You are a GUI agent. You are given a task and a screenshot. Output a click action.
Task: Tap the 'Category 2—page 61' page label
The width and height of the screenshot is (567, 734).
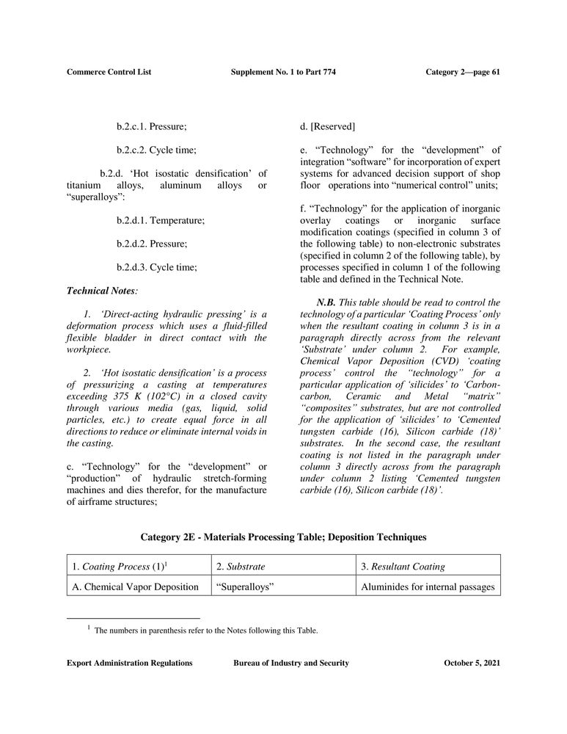coord(462,72)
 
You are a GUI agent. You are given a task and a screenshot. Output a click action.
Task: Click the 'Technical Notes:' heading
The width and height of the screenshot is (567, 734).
coord(98,291)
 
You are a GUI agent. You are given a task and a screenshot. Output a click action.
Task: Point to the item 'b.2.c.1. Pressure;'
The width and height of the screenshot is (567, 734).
coord(151,127)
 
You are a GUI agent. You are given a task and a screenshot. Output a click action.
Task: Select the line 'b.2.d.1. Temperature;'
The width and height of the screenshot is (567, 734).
coord(160,220)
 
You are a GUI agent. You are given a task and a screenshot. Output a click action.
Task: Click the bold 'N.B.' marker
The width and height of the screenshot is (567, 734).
coord(326,302)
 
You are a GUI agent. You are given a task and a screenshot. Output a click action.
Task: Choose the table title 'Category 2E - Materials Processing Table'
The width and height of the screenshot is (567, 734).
coord(283,537)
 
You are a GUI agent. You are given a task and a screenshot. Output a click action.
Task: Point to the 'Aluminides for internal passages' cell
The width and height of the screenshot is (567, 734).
coord(428,586)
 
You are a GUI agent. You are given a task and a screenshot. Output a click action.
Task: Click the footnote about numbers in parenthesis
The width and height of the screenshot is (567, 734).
coord(205,630)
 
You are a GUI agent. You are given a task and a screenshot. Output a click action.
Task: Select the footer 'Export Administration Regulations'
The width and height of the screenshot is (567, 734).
coord(129,664)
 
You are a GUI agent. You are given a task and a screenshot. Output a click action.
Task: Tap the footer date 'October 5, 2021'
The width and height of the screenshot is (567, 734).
coord(472,664)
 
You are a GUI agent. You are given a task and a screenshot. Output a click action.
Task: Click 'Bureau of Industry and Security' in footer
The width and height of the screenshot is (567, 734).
coord(290,664)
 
